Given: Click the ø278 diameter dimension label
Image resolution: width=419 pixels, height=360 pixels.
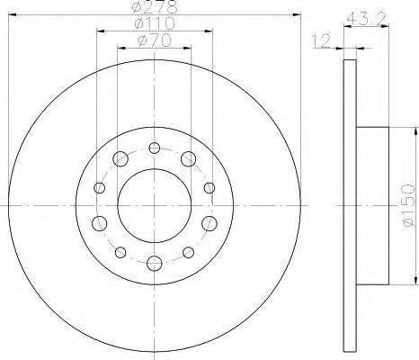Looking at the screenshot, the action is click(155, 8).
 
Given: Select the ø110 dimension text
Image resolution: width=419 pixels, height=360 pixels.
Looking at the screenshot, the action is click(155, 23).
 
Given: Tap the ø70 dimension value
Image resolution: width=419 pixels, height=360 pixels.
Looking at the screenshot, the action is click(155, 40).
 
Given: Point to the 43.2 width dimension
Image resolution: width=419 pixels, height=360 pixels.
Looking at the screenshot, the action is click(365, 20).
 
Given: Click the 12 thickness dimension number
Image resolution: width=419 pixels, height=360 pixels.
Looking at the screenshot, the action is click(321, 40).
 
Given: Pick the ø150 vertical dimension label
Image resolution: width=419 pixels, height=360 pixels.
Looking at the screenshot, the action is click(407, 205).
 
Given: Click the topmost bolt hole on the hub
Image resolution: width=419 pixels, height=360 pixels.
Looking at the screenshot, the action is click(155, 148).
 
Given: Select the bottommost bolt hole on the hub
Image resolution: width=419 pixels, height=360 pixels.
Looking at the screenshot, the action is click(155, 264).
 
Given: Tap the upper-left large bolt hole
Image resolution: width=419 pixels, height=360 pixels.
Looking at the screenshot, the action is click(120, 158).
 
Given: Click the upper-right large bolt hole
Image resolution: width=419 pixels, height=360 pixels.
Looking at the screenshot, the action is click(188, 158).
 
